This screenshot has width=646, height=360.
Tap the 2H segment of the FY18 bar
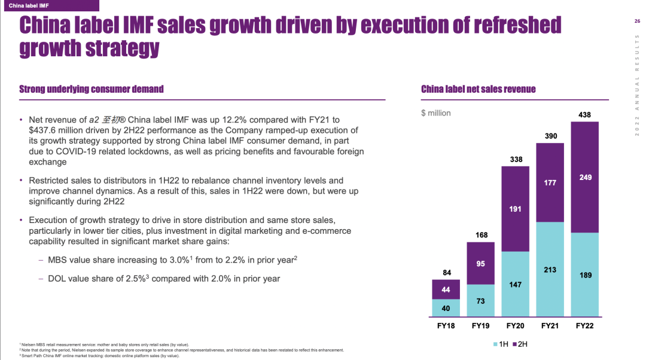click(446, 289)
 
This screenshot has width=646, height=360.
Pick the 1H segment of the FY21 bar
click(550, 269)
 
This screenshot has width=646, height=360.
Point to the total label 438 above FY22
click(584, 114)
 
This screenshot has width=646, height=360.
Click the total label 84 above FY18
click(446, 273)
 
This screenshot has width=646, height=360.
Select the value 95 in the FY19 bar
click(480, 263)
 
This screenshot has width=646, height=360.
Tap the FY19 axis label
click(480, 326)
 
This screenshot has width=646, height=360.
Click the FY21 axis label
click(550, 326)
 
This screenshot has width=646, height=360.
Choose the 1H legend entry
click(500, 344)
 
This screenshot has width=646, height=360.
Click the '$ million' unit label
click(436, 113)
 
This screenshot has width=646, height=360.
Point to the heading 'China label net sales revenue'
click(479, 89)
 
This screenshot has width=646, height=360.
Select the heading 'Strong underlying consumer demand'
click(92, 89)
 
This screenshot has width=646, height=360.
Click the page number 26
click(636, 22)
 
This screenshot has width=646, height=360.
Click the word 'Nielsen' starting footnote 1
click(28, 344)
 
